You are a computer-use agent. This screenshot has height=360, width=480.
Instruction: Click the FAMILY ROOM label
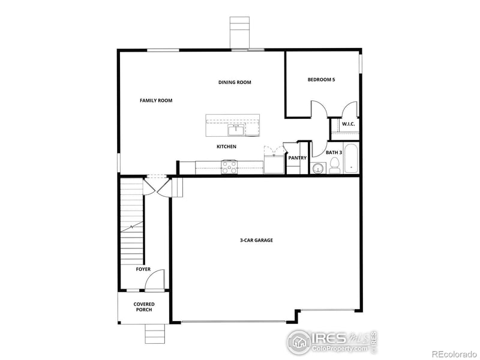point(156,101)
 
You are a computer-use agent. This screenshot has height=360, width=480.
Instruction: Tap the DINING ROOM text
point(235,82)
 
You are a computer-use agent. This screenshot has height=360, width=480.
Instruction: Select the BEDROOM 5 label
point(321,79)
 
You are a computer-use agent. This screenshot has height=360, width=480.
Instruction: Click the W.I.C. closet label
point(348,124)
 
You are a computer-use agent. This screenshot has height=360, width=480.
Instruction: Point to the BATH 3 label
point(334,152)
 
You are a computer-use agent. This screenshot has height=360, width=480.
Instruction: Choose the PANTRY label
point(297,158)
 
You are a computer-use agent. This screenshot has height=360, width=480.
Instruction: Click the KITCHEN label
point(226,146)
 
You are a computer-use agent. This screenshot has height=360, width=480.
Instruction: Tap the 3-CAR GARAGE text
point(256,240)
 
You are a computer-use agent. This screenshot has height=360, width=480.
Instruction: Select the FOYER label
point(143,269)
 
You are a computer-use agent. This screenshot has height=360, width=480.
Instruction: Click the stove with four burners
point(229,167)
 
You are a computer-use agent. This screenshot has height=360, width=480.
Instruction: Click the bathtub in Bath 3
point(350,159)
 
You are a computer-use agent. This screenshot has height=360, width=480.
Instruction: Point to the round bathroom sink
point(317,169)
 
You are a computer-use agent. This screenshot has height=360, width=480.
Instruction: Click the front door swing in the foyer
point(155,278)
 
